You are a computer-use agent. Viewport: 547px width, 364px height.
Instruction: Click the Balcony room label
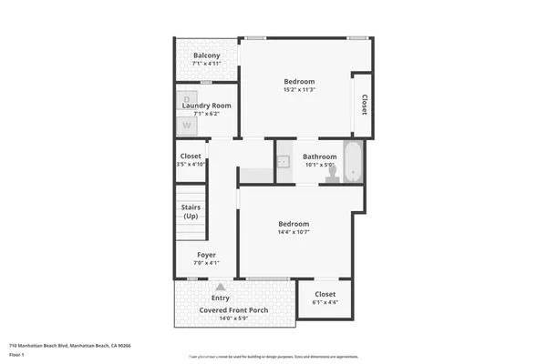tap(206, 56)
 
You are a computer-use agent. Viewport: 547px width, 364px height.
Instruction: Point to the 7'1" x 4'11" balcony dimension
tap(206, 65)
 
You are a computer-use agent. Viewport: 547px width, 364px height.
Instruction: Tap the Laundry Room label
tap(206, 106)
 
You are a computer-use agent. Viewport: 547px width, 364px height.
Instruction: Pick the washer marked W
tap(187, 116)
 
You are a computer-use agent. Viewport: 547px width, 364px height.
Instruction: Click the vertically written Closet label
tap(364, 105)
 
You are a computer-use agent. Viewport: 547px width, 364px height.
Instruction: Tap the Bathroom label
tap(320, 156)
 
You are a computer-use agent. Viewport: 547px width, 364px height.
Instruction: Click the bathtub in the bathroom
tap(353, 161)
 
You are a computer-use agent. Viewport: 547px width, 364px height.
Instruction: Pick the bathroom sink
tap(284, 162)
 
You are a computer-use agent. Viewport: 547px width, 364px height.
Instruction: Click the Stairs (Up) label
tap(191, 212)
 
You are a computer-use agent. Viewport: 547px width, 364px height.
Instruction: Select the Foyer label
tap(206, 255)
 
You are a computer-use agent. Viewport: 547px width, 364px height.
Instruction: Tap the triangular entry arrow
tap(220, 287)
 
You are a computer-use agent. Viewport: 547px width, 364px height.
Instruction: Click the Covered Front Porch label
tap(234, 309)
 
